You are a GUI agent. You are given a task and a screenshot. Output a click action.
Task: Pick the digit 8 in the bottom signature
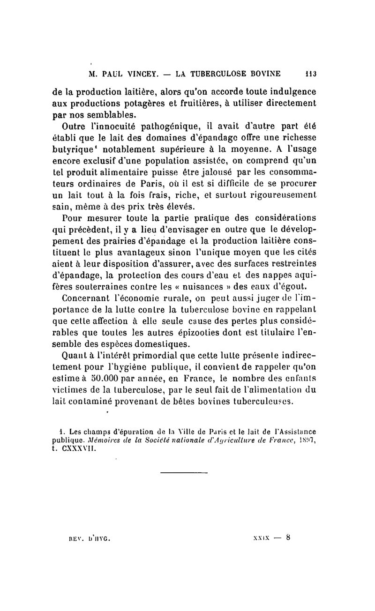[289, 538]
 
